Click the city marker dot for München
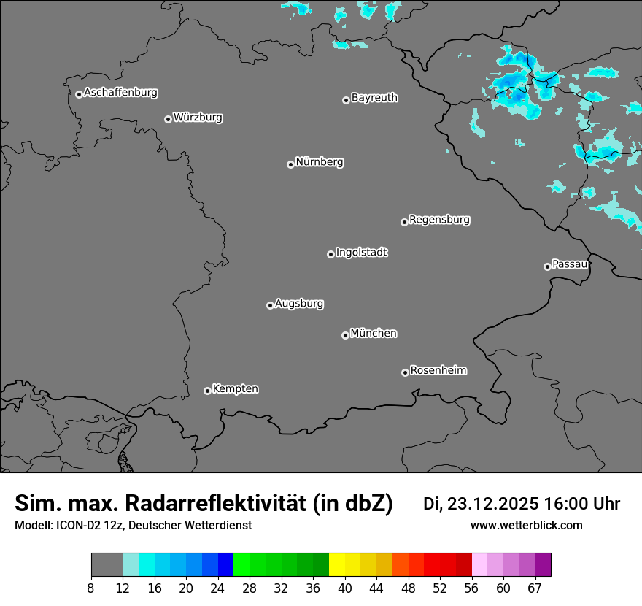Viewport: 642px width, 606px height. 345,336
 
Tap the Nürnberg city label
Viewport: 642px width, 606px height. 319,162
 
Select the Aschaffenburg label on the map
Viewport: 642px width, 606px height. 120,93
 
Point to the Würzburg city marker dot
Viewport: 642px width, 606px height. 168,119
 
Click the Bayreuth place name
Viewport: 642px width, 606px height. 374,98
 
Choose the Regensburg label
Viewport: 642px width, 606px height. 439,220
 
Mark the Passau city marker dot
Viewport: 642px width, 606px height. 547,266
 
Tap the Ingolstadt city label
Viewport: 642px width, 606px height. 361,253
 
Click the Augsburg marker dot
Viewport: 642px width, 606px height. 270,305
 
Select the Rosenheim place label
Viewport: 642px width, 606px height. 438,371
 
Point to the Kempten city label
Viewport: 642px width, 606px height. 235,389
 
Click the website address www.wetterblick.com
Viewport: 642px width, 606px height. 526,525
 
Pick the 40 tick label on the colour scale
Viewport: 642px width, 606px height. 345,588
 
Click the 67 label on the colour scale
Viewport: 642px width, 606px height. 535,588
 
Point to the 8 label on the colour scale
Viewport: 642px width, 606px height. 91,588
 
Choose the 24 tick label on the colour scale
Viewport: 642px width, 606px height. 218,588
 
